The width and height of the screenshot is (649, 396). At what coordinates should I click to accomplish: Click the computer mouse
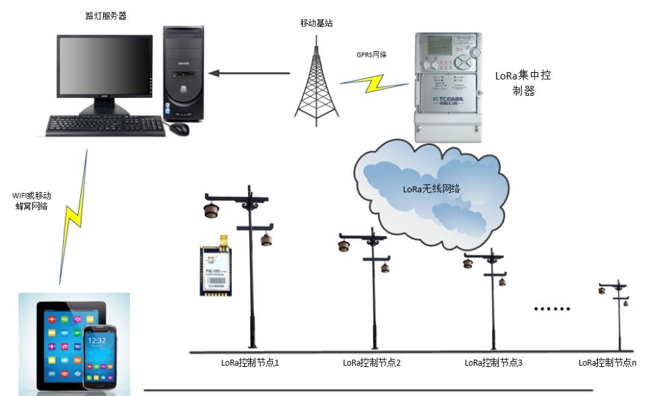179,128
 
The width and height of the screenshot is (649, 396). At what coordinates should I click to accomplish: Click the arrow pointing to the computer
249,72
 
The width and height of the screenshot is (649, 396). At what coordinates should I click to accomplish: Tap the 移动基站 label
317,23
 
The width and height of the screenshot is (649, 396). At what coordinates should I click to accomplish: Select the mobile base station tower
316,84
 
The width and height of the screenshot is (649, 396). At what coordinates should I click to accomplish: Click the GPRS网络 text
371,55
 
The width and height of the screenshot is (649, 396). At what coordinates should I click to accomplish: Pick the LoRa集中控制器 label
523,83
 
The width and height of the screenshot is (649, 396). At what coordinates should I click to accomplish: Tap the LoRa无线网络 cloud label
431,189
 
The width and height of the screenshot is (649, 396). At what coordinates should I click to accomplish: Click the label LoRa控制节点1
250,363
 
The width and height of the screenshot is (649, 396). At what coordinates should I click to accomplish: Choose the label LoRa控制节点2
372,363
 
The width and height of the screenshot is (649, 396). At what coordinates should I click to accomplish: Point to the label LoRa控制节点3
493,363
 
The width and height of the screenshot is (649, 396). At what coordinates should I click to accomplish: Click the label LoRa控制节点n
607,363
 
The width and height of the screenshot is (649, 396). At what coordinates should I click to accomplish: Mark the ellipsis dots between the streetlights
551,309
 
